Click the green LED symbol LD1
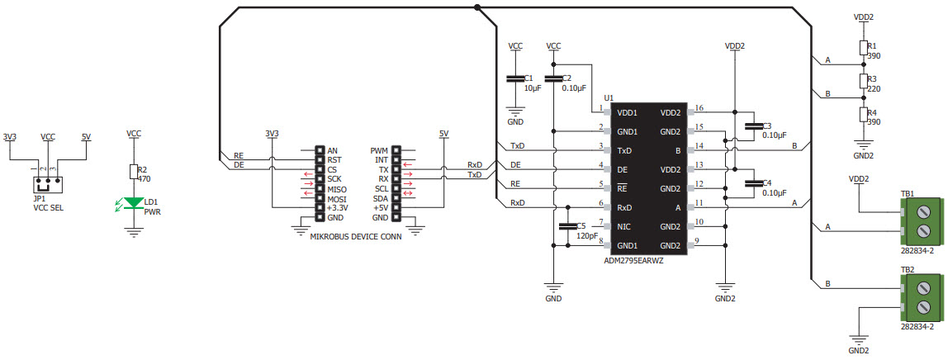pyautogui.click(x=133, y=202)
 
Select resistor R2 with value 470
pyautogui.click(x=134, y=172)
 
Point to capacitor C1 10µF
pyautogui.click(x=514, y=79)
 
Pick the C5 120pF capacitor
pyautogui.click(x=566, y=226)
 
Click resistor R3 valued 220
pyautogui.click(x=863, y=81)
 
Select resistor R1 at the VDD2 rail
pyautogui.click(x=863, y=48)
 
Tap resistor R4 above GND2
pyautogui.click(x=863, y=115)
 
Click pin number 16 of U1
pyautogui.click(x=699, y=108)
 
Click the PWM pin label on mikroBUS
pyautogui.click(x=379, y=150)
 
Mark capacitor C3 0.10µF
pyautogui.click(x=752, y=126)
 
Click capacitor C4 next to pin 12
pyautogui.click(x=752, y=183)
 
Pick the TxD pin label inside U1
pyautogui.click(x=626, y=150)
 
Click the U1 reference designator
pyautogui.click(x=609, y=97)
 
